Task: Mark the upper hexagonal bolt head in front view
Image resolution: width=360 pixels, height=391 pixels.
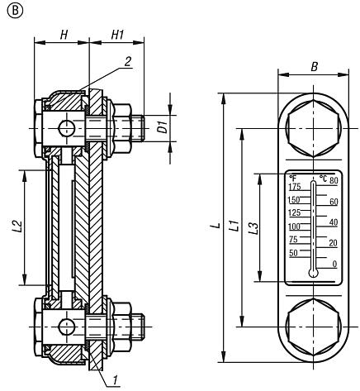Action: tap(313, 128)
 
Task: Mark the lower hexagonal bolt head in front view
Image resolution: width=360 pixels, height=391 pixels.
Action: tap(313, 326)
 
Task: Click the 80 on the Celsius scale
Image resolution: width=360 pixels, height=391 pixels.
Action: tap(334, 179)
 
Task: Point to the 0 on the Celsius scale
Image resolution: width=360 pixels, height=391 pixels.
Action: tap(334, 264)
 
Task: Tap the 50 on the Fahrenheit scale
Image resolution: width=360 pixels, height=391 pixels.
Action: tap(293, 253)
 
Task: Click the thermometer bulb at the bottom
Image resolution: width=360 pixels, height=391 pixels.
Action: tap(313, 272)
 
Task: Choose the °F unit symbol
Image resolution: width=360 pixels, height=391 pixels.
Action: tap(292, 177)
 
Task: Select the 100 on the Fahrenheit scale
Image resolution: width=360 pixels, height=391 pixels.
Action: tap(293, 226)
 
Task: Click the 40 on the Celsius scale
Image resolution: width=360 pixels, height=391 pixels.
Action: tap(334, 222)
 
